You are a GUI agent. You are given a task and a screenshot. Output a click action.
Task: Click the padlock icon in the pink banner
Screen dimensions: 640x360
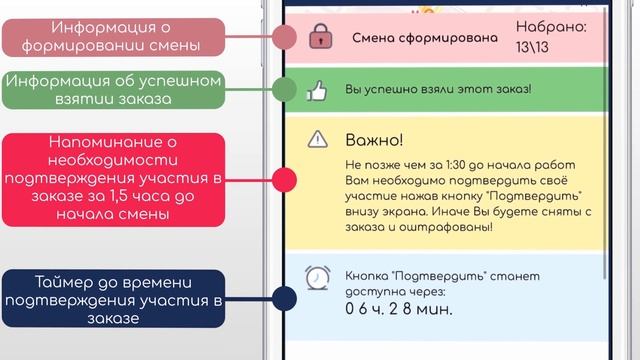point(319,37)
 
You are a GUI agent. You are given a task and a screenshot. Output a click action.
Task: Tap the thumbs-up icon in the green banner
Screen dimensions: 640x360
point(319,91)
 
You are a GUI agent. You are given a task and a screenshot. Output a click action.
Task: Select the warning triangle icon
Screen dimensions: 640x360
point(318,139)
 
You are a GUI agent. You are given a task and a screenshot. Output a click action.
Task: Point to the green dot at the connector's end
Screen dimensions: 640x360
point(285,88)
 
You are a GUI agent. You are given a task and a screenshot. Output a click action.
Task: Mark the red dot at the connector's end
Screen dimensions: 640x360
point(285,180)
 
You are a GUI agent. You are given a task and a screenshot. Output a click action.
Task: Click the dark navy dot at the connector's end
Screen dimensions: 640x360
point(285,299)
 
